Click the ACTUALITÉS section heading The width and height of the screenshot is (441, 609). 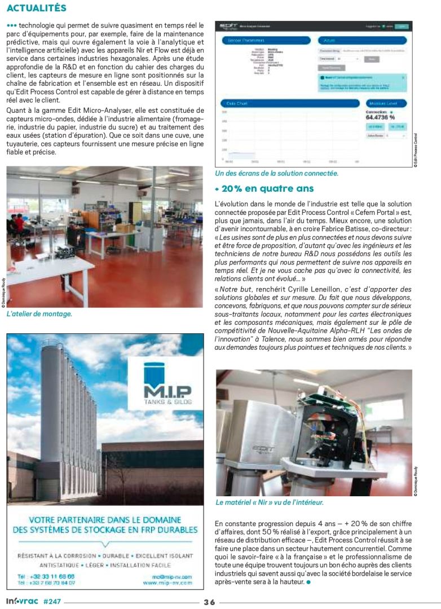pyautogui.click(x=37, y=8)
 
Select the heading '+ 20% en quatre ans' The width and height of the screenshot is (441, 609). pyautogui.click(x=264, y=188)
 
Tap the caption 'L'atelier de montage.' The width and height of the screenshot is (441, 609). pyautogui.click(x=39, y=314)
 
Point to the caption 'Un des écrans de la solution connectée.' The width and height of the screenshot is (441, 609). pyautogui.click(x=277, y=173)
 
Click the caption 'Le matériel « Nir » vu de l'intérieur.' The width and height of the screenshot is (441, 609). pyautogui.click(x=270, y=502)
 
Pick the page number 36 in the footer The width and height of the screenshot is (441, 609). pyautogui.click(x=209, y=602)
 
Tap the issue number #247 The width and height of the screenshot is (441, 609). pyautogui.click(x=52, y=602)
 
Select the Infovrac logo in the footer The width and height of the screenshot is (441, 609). pyautogui.click(x=21, y=602)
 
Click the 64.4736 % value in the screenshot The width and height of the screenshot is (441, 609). pyautogui.click(x=380, y=117)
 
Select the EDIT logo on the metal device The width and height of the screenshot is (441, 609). pyautogui.click(x=263, y=448)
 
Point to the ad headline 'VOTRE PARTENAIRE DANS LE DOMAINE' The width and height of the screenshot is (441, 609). pyautogui.click(x=105, y=519)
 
